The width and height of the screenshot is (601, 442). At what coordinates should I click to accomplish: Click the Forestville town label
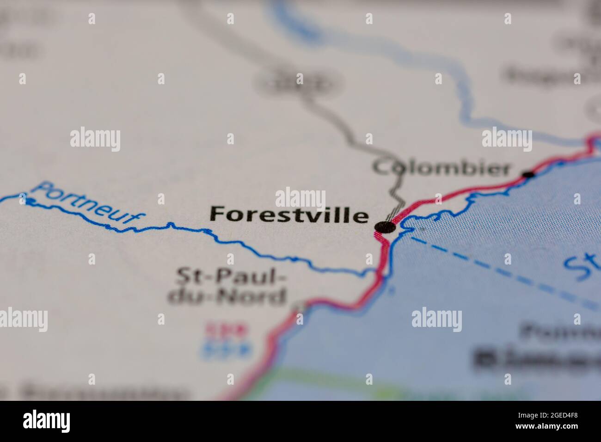(x=289, y=215)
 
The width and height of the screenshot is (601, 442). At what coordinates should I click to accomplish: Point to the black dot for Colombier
(x=528, y=174)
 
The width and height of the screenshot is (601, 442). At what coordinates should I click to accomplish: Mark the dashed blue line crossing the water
(x=499, y=268)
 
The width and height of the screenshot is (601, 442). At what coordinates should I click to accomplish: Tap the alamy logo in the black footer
(x=46, y=421)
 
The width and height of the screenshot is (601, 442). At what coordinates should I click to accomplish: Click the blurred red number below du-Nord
(x=227, y=330)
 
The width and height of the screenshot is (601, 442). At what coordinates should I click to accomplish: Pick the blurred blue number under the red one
(x=227, y=350)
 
